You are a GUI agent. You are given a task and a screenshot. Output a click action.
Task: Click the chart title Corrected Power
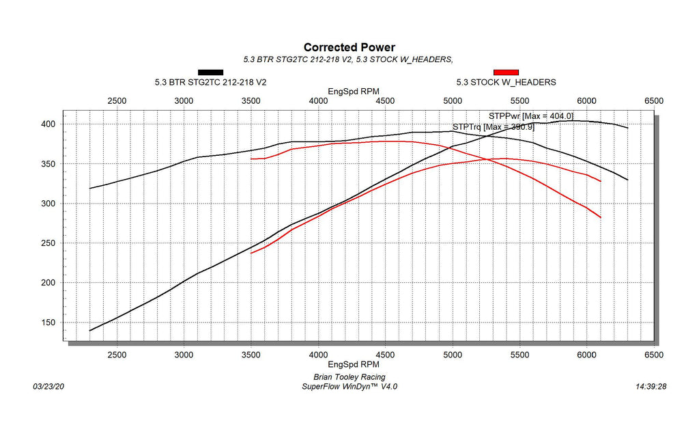click(x=349, y=47)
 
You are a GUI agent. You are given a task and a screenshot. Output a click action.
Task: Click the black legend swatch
click(x=210, y=72)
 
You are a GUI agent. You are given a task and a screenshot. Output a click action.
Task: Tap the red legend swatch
click(x=506, y=72)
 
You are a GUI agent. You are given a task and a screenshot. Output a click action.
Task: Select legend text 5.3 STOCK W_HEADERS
click(x=506, y=82)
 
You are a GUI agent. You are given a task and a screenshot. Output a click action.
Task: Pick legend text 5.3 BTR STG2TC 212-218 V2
click(x=210, y=82)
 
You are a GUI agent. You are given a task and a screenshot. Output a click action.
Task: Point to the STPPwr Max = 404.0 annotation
click(x=530, y=116)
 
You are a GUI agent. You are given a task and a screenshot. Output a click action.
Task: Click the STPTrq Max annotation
click(x=493, y=126)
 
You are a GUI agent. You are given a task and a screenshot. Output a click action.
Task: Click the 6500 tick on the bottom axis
click(x=653, y=355)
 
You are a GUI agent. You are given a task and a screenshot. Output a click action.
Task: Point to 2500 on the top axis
click(x=117, y=100)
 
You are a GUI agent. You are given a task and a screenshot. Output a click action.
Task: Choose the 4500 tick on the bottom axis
click(x=386, y=355)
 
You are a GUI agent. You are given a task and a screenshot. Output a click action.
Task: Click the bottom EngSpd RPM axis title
click(x=349, y=366)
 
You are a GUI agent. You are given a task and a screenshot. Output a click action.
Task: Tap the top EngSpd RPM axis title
click(x=349, y=91)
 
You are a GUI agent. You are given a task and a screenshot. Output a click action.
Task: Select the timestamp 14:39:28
click(x=650, y=386)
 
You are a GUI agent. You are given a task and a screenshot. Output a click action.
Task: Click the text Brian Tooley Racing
click(x=349, y=377)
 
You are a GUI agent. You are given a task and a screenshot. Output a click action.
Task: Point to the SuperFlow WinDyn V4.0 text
click(x=349, y=386)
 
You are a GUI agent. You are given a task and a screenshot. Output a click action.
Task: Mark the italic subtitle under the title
click(x=349, y=59)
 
